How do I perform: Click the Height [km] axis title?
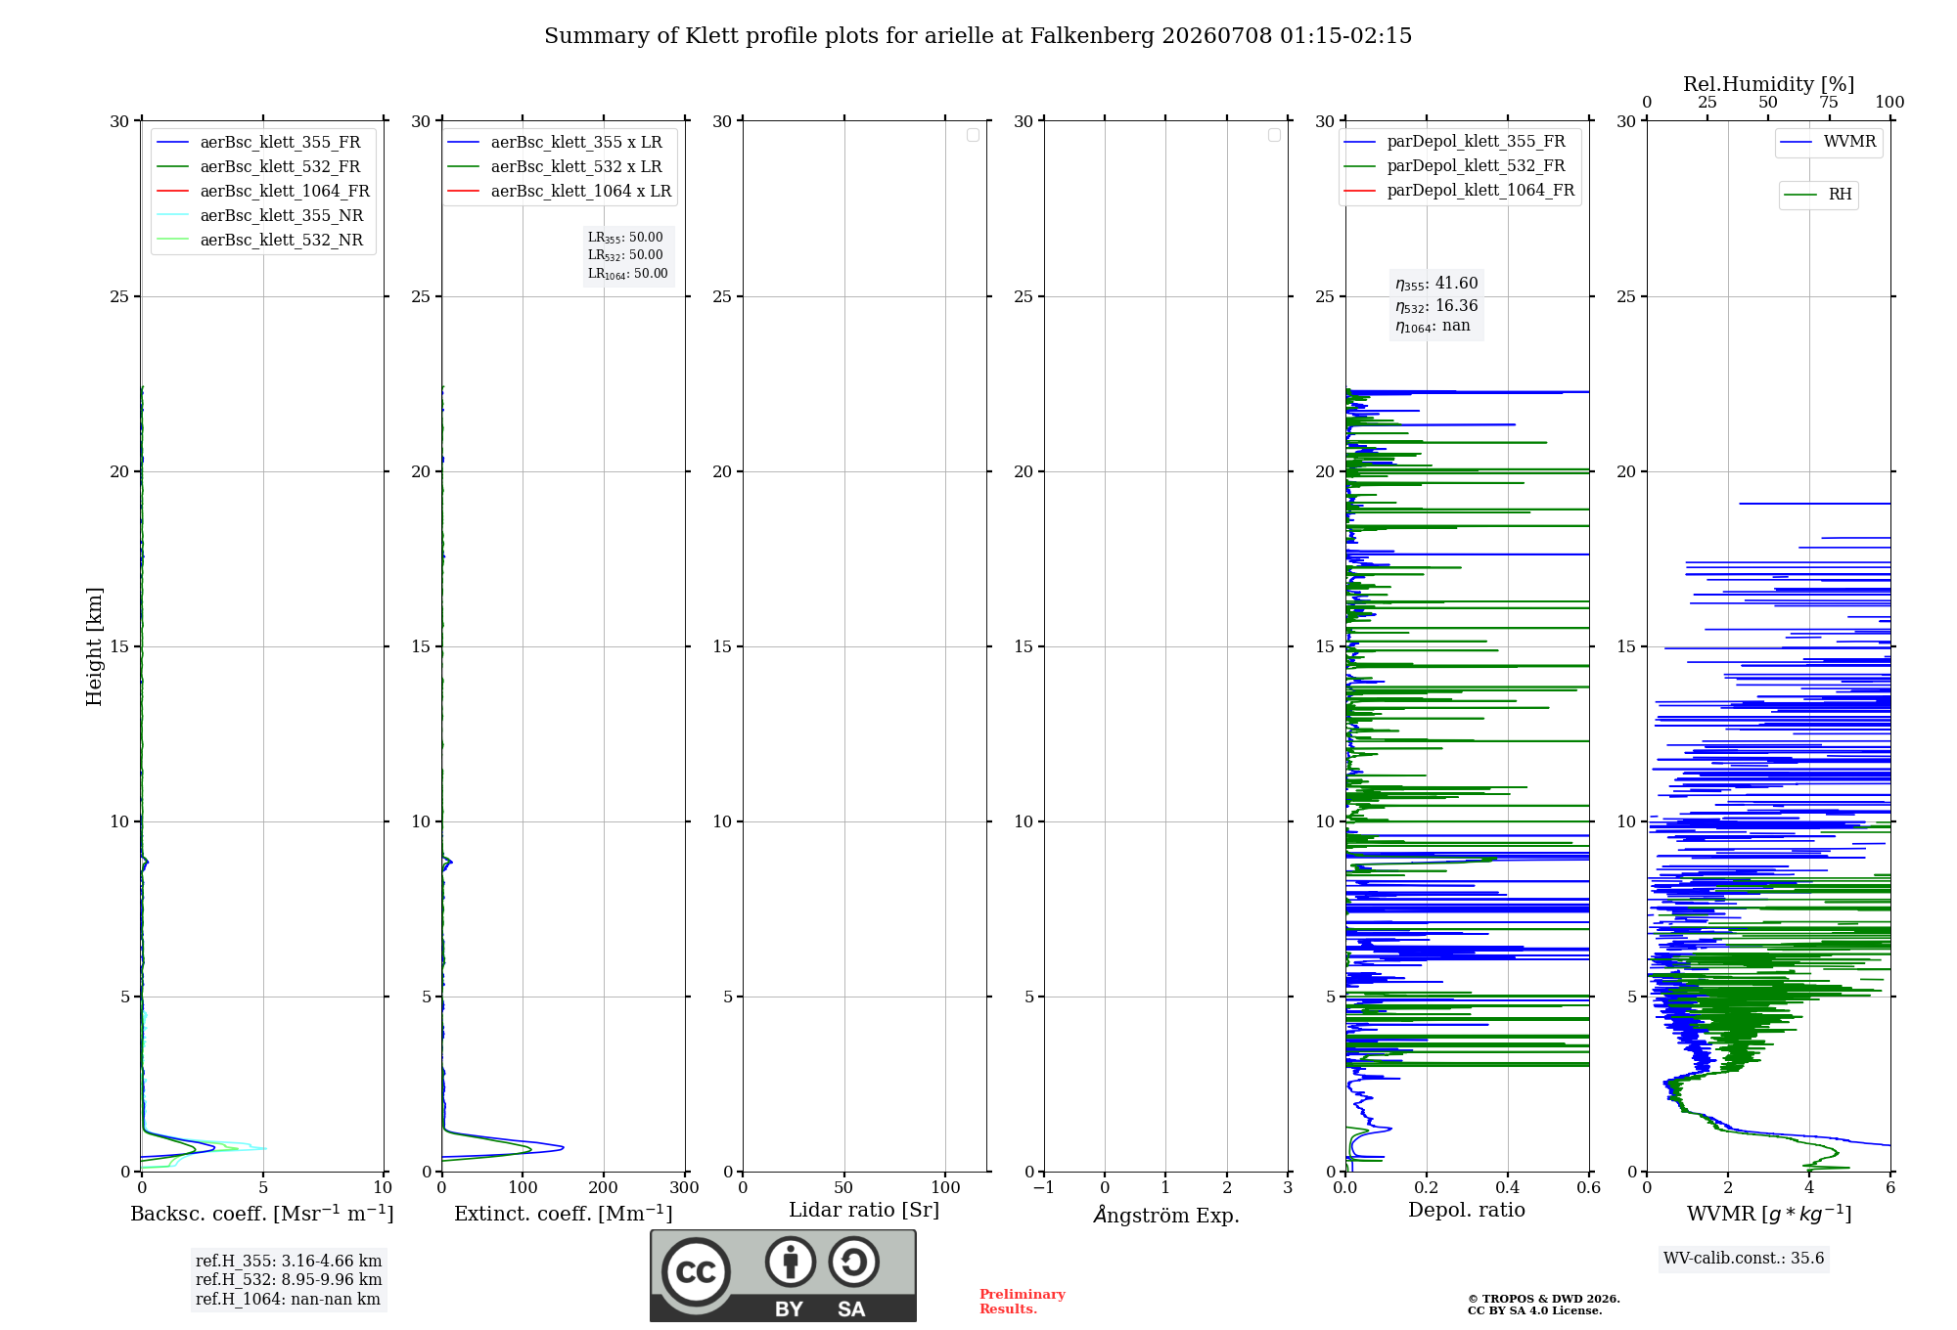pos(94,646)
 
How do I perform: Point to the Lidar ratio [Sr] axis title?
pos(864,1210)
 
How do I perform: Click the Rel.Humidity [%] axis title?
pos(1768,84)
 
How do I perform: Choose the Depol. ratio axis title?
pos(1467,1210)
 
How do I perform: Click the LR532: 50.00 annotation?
pos(625,255)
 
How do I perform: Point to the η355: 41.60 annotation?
pos(1436,284)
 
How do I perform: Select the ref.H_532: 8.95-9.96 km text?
pos(289,1279)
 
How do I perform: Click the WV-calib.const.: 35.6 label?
pos(1744,1258)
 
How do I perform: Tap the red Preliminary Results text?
pos(1023,1302)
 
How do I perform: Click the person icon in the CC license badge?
pos(791,1262)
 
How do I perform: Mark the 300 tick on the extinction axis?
pos(685,1187)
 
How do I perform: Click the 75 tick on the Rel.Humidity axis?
pos(1829,102)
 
